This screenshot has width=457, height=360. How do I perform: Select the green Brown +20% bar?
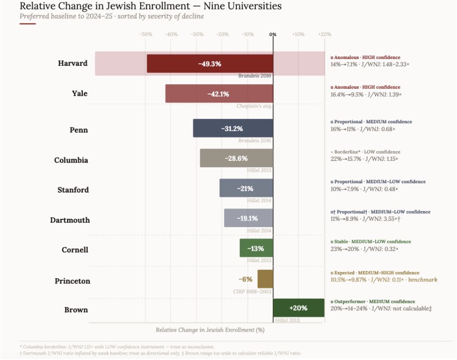(298, 308)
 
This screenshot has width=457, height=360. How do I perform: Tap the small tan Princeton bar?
(265, 279)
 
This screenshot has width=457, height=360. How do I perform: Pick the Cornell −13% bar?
(256, 248)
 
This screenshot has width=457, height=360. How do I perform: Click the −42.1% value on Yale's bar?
(218, 94)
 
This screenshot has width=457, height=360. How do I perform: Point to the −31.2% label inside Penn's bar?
(232, 129)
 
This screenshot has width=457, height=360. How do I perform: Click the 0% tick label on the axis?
(273, 34)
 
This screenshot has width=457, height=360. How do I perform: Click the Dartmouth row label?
(70, 220)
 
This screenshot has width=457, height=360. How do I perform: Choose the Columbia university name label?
(71, 160)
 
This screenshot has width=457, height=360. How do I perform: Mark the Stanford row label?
(73, 190)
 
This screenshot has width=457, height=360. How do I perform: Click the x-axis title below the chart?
(210, 329)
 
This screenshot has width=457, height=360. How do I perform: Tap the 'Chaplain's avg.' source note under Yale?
(254, 106)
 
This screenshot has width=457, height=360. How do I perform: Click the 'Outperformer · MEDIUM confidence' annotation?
(374, 302)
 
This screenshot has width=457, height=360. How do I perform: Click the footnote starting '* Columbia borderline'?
(117, 347)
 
